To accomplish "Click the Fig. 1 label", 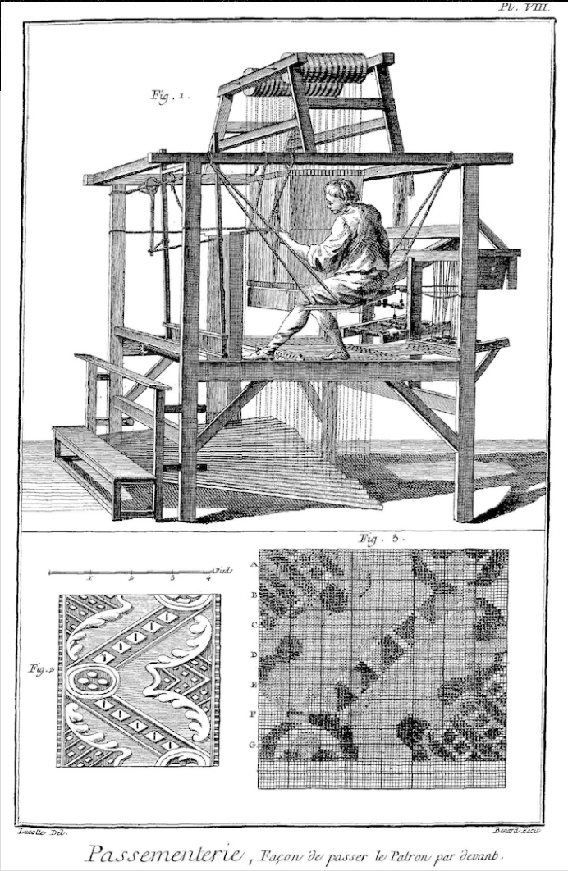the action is (x=170, y=96).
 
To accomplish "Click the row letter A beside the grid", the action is (x=254, y=564).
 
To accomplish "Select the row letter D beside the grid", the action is (x=254, y=654).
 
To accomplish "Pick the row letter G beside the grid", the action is (x=254, y=744).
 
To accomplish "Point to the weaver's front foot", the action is (x=263, y=353).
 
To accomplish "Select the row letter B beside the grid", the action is (x=254, y=594).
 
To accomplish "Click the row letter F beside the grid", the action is (x=254, y=714).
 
